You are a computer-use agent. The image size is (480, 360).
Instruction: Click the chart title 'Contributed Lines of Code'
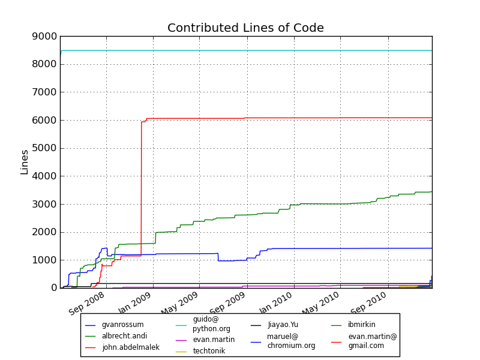click(245, 28)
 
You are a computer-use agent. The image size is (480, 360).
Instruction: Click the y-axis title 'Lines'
click(25, 162)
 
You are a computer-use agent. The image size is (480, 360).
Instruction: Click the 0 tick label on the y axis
click(53, 288)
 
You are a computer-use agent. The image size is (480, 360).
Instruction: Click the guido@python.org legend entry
click(211, 324)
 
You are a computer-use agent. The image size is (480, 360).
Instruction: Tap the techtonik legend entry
click(209, 351)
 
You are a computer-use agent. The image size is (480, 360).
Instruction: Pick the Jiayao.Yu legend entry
click(283, 325)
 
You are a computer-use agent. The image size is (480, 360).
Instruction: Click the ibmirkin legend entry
click(361, 325)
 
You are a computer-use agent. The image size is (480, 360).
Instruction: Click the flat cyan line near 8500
click(240, 50)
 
